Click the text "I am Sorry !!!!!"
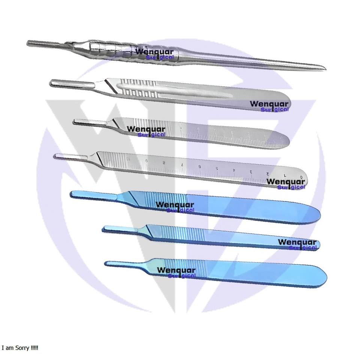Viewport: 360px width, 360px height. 20,348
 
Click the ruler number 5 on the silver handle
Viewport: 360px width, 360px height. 217,168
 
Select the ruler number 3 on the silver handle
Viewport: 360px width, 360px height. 251,172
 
